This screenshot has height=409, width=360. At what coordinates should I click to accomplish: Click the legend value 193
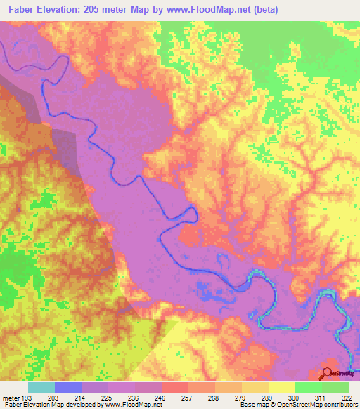click(27, 397)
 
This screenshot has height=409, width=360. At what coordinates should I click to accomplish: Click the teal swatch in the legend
click(41, 387)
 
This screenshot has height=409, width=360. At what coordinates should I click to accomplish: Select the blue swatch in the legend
click(68, 387)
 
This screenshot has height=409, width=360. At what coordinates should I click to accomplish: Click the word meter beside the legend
click(10, 397)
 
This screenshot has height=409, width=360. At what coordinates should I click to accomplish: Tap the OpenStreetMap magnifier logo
click(327, 374)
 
